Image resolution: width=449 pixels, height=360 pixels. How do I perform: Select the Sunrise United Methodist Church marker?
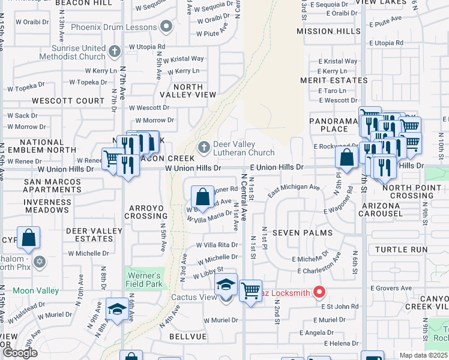coord(116,53)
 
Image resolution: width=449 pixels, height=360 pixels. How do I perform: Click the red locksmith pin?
coord(319,293)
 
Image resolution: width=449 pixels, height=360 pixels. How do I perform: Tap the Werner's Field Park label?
coord(143,280)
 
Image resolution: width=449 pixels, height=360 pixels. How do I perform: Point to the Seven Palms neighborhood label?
coord(294,232)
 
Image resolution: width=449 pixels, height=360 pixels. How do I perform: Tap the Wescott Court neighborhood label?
coord(68,101)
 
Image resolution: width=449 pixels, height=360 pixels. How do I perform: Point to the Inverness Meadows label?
coord(47,206)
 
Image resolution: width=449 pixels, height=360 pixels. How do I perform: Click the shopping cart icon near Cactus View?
coord(250,291)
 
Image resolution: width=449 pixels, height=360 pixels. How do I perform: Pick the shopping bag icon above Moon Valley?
coord(29,239)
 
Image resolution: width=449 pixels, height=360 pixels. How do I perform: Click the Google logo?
coord(20,352)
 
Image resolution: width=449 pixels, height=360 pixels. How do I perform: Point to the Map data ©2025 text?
coord(423,355)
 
